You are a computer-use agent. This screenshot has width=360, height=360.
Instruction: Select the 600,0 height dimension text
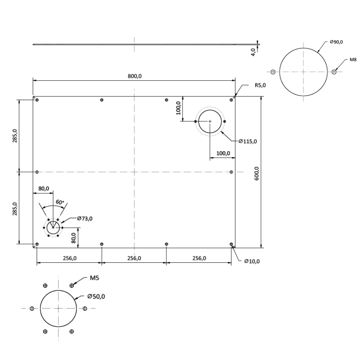(x=257, y=173)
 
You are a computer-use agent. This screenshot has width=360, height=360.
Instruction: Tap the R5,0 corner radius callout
(x=260, y=85)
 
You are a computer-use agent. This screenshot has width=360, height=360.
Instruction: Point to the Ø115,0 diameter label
(x=248, y=141)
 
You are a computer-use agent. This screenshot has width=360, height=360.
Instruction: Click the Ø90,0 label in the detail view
(x=336, y=42)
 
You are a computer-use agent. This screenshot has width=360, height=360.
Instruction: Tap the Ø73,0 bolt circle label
(x=85, y=218)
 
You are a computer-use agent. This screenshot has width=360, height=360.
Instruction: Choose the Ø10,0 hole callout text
(x=252, y=261)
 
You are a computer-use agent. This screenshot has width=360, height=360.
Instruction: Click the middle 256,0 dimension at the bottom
(x=134, y=258)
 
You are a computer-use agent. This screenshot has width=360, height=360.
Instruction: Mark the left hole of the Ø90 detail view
(x=273, y=72)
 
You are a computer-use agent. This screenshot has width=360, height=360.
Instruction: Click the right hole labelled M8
(x=334, y=72)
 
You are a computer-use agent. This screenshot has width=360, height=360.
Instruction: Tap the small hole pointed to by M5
(x=72, y=285)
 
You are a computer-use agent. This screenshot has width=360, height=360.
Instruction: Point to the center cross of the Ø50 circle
(x=58, y=309)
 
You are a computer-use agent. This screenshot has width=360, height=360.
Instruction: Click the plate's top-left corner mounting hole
(x=37, y=100)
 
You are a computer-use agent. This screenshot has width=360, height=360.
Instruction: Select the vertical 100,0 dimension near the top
(x=178, y=108)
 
